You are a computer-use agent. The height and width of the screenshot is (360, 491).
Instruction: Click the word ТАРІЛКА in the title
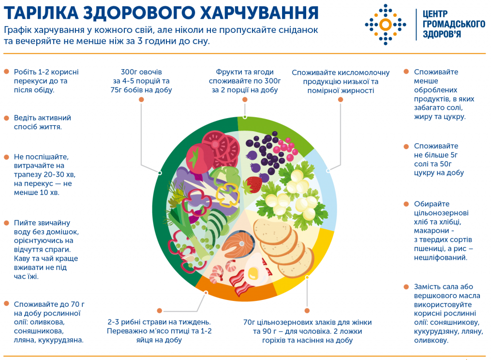point(41,13)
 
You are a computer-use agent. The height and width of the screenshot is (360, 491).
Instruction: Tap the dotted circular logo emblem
point(386,24)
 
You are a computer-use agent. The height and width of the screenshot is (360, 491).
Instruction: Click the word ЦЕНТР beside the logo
point(435,14)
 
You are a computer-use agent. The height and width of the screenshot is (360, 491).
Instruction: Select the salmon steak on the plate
point(238,244)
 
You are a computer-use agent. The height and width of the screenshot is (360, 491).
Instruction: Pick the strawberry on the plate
point(253,184)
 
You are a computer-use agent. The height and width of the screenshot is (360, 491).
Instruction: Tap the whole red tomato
point(199,158)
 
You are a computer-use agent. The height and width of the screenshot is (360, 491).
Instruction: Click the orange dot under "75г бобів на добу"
point(141,99)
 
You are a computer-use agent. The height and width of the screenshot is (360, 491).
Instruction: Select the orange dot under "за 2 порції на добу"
point(245,99)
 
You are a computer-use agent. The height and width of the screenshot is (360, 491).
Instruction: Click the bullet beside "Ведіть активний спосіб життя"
point(6,118)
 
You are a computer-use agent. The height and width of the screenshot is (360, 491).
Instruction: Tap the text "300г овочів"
point(141,72)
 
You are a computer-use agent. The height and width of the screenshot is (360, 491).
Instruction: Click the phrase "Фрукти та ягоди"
point(245,72)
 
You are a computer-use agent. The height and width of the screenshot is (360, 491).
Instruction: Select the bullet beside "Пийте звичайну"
point(6,223)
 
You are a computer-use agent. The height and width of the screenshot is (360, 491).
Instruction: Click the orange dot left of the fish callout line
point(159,311)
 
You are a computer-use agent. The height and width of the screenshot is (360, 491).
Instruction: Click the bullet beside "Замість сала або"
point(406,286)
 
